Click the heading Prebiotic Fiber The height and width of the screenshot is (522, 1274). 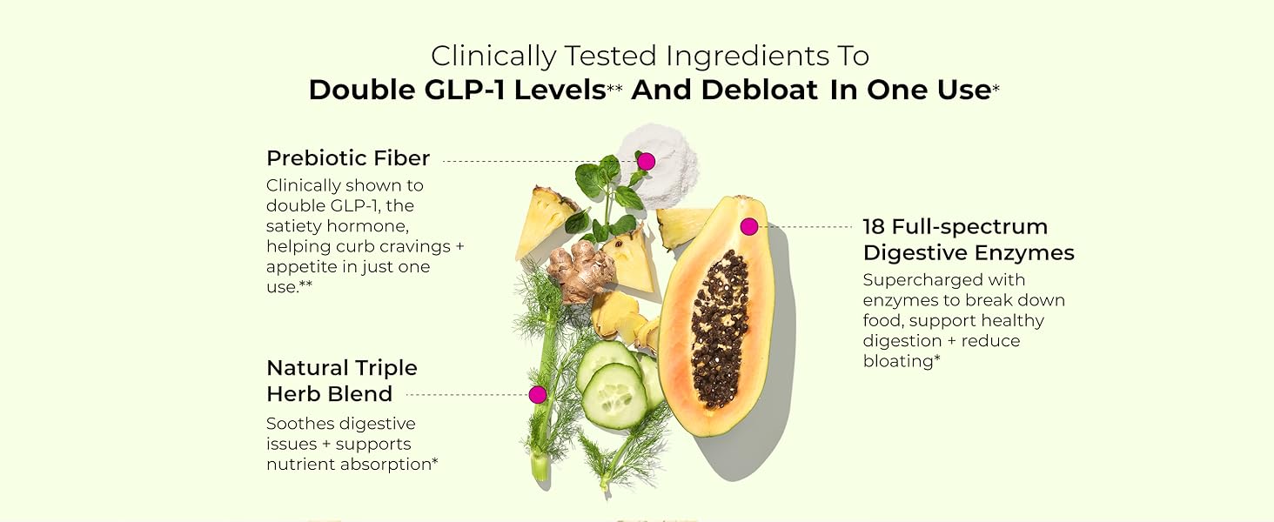[x=348, y=158]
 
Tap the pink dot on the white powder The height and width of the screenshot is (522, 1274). [x=646, y=161]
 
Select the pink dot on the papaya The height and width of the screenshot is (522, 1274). [x=748, y=227]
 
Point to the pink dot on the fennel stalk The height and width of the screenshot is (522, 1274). [x=538, y=395]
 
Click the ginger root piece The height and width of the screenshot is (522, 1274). [x=581, y=272]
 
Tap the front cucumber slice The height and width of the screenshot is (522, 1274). [x=614, y=396]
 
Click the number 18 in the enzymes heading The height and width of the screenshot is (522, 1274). [x=874, y=227]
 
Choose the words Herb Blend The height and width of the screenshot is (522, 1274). [x=329, y=394]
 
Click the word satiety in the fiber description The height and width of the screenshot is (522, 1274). [x=294, y=226]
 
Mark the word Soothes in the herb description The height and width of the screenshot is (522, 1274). [x=298, y=424]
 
